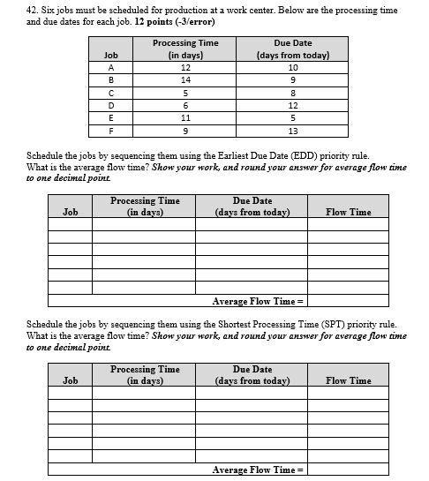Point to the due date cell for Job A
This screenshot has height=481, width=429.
(292, 68)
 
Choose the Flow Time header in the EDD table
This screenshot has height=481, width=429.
(348, 212)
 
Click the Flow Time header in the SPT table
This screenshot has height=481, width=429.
(348, 380)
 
